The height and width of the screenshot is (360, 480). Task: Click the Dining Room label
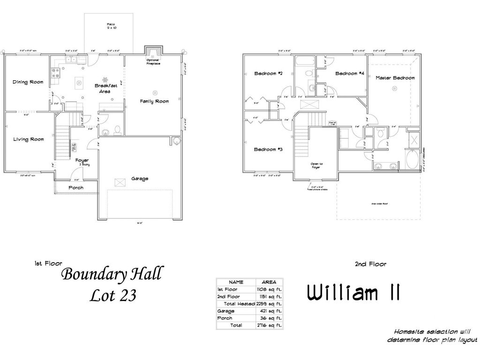click(x=28, y=82)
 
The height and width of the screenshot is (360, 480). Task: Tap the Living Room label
click(x=28, y=139)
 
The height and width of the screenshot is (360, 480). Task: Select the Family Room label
click(x=154, y=101)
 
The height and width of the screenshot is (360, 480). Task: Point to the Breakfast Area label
click(x=105, y=89)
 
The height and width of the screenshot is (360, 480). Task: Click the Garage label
click(x=140, y=179)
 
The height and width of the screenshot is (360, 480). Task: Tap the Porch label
click(x=76, y=187)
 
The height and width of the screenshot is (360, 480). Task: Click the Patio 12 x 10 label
click(x=111, y=26)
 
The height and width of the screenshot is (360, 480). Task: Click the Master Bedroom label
click(x=395, y=78)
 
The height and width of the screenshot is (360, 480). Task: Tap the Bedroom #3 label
click(x=268, y=150)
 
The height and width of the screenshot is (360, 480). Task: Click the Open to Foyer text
click(x=317, y=165)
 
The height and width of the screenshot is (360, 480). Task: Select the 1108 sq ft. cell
click(x=269, y=290)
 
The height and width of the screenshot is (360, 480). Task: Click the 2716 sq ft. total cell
click(x=269, y=325)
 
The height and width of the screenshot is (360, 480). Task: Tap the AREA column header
click(x=269, y=282)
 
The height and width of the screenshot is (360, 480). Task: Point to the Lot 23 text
click(x=112, y=295)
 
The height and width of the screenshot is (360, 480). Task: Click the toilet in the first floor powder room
click(x=117, y=130)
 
